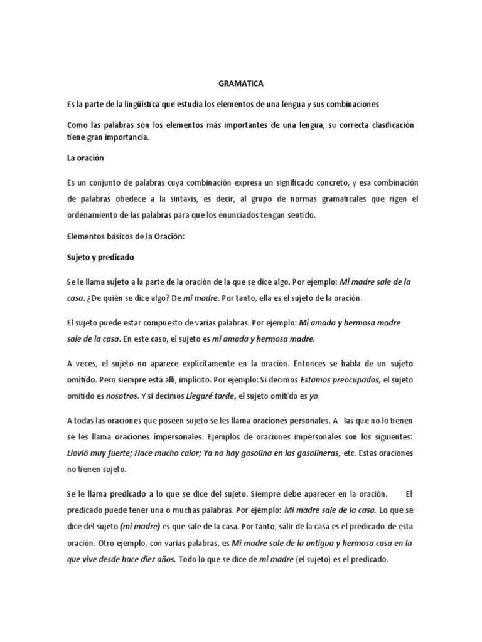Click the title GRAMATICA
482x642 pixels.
[x=241, y=82]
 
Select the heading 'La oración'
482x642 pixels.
[x=85, y=159]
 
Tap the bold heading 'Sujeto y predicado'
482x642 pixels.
[x=100, y=257]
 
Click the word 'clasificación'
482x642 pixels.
[x=383, y=125]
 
